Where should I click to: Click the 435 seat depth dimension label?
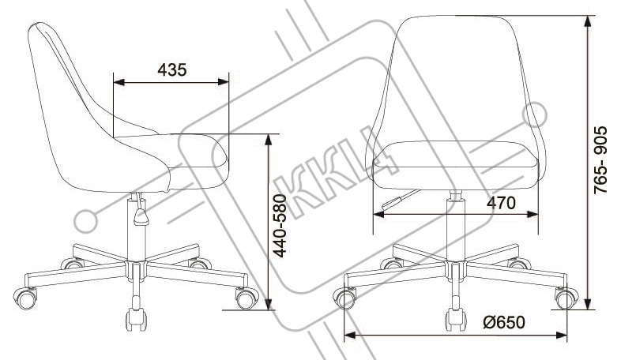coord(172,70)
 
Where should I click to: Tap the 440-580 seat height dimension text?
coord(280,226)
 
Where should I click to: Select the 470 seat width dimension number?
coord(501,203)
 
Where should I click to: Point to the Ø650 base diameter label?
coord(504,322)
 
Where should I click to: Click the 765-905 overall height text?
coord(600,159)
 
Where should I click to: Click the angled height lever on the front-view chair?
coord(400,200)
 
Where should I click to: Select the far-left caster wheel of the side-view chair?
coord(26,298)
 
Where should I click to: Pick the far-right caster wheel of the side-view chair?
coord(247,298)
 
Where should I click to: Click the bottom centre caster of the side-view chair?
coord(136,319)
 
